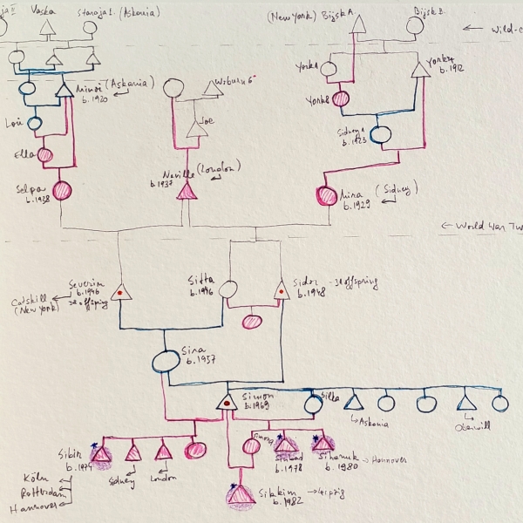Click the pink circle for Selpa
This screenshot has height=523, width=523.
(x=63, y=190)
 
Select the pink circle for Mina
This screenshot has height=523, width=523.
(x=329, y=197)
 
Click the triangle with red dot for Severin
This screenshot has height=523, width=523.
(x=121, y=291)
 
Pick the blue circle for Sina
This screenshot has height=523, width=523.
(x=166, y=360)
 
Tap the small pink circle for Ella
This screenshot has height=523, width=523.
(x=44, y=155)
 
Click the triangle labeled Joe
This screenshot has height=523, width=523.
(x=194, y=128)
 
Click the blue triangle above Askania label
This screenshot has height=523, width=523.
(x=352, y=403)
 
